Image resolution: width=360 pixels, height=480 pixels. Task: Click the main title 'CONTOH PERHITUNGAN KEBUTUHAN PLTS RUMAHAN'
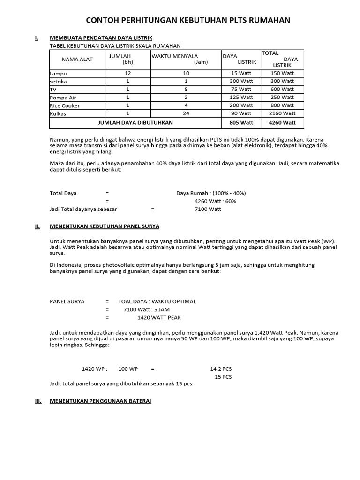(x=187, y=20)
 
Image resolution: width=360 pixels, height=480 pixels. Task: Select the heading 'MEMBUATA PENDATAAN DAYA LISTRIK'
(x=101, y=38)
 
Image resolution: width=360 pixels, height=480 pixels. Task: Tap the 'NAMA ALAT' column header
(x=77, y=59)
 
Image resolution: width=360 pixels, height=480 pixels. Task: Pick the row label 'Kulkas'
(x=58, y=113)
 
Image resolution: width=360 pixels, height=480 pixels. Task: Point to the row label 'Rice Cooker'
(x=65, y=105)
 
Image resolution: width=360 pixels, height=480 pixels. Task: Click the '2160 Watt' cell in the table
(x=282, y=113)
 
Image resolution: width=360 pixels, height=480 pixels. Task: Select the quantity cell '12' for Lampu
(x=128, y=73)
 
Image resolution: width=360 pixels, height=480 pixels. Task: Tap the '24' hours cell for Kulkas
(x=186, y=113)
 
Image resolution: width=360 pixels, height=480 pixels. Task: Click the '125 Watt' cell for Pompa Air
(x=241, y=97)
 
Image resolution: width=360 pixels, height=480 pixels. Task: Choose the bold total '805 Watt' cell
(x=241, y=123)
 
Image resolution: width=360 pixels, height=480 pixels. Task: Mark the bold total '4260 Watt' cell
(x=282, y=123)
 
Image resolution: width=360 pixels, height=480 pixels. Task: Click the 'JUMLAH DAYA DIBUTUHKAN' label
(x=135, y=123)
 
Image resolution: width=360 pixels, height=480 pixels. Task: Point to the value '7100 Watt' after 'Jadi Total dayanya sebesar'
(x=208, y=209)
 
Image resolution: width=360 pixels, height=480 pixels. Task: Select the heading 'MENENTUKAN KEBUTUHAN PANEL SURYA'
(x=105, y=226)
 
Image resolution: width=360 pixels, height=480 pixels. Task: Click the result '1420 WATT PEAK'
(x=159, y=317)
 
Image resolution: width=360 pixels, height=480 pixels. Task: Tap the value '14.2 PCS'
(x=221, y=369)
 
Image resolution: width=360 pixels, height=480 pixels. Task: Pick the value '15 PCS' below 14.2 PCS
(x=223, y=377)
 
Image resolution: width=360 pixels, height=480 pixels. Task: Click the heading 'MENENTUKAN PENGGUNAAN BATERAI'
(x=101, y=402)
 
